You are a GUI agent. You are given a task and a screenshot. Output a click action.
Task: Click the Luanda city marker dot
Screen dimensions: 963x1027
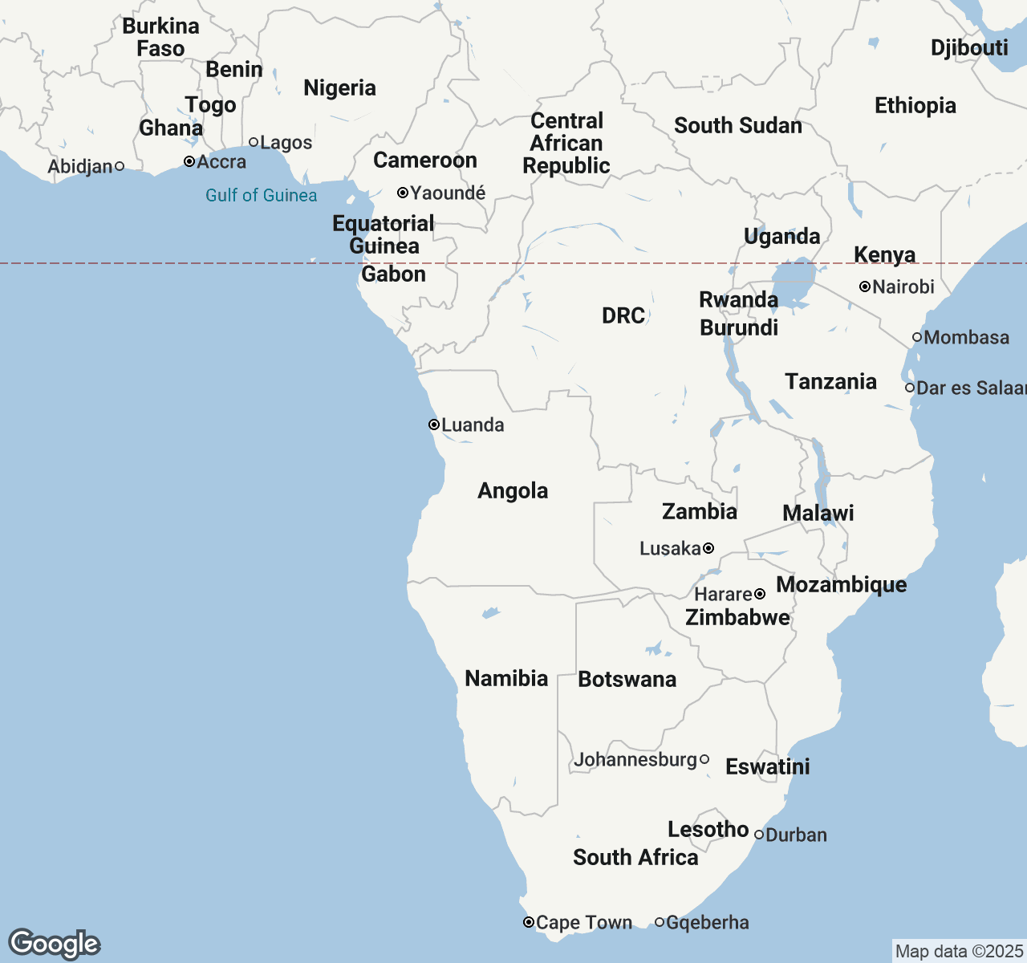point(433,425)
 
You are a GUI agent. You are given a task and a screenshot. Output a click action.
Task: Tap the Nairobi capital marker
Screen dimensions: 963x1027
point(865,286)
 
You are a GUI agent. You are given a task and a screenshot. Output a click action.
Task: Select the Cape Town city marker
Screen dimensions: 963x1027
point(529,922)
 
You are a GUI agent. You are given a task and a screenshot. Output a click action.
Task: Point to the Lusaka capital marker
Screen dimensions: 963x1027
point(708,548)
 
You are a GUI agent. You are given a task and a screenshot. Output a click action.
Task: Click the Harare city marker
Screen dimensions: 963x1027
point(760,594)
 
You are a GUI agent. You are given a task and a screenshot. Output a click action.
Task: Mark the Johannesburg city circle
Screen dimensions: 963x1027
point(704,759)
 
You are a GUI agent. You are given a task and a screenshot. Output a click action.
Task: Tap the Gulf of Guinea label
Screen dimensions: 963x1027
point(261,195)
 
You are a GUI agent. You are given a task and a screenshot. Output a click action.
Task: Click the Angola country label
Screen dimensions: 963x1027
point(513,490)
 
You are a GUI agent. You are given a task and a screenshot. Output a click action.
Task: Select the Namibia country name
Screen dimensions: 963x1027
point(506,678)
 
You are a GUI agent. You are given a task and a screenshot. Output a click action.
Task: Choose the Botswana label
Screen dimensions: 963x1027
point(627,679)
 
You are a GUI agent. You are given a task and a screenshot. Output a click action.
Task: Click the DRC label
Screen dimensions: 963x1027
point(623,315)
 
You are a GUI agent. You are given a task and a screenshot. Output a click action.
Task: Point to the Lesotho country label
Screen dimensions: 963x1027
point(708,829)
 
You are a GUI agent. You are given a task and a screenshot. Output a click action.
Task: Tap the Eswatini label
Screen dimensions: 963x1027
point(767,766)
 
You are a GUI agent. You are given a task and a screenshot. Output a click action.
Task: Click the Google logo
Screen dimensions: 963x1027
point(54,944)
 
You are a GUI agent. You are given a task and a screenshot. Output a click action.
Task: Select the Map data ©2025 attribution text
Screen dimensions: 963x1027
point(959,952)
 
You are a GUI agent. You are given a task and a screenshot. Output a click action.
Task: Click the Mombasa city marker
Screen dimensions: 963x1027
point(917,337)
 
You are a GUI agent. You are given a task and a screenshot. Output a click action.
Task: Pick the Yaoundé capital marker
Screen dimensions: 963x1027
point(403,193)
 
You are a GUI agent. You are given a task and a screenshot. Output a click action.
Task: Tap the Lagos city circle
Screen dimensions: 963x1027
point(254,142)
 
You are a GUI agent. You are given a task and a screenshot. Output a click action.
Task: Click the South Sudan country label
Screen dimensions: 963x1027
point(737,125)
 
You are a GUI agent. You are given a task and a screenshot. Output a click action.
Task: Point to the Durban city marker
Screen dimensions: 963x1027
point(759,835)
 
